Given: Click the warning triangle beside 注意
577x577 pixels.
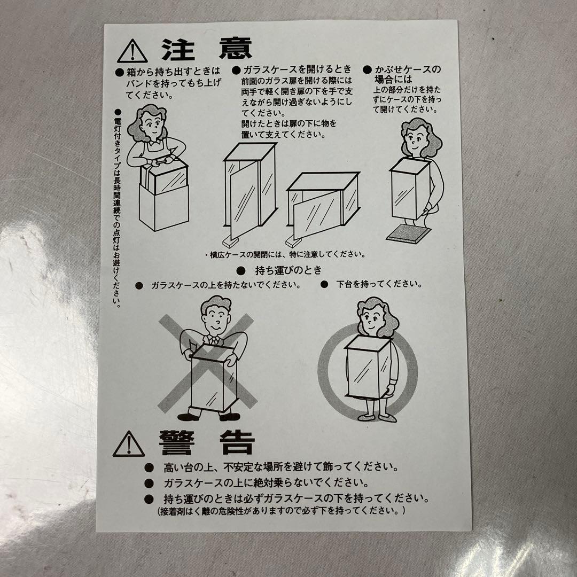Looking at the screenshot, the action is pos(132,51).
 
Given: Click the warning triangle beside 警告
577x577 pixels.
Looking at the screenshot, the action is pos(128,444).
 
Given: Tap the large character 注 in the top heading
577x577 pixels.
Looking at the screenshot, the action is pos(178,49).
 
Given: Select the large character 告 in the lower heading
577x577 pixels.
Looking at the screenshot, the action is pos(237,443).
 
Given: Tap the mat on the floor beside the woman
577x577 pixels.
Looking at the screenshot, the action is pos(409,234).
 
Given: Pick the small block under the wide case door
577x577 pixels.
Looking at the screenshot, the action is pos(293,241).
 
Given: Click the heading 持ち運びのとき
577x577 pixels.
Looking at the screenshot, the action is pos(288,270).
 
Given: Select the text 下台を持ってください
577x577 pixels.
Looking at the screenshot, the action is pos(379,284).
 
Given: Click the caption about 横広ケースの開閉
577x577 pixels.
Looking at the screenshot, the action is pos(285,254).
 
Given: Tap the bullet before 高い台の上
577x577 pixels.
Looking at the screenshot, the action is pos(149,467).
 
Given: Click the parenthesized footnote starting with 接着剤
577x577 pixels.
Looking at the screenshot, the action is pos(282,511).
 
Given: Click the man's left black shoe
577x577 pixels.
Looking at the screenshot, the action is pos(189,417).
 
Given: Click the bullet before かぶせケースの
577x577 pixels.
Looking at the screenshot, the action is pos(367,69).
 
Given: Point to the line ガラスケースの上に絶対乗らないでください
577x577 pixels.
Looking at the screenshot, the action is pos(266,482).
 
